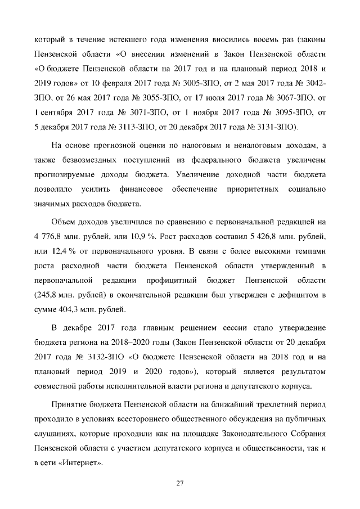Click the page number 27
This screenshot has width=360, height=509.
pyautogui.click(x=180, y=483)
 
